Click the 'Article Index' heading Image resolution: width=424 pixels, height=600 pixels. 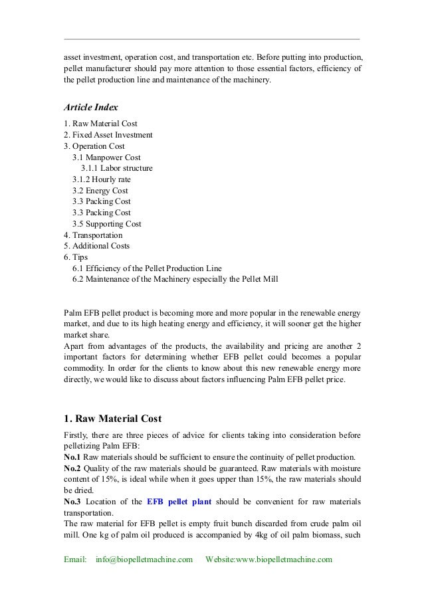pyautogui.click(x=90, y=106)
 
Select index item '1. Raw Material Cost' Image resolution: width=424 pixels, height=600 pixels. pyautogui.click(x=100, y=124)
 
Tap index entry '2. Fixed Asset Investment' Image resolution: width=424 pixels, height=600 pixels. pyautogui.click(x=108, y=135)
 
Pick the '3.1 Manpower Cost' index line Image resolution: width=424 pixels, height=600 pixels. pyautogui.click(x=106, y=157)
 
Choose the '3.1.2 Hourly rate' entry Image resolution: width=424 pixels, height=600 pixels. pyautogui.click(x=102, y=179)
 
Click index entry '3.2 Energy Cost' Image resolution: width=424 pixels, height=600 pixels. pyautogui.click(x=100, y=191)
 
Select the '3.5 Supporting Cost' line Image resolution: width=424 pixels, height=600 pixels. pyautogui.click(x=106, y=224)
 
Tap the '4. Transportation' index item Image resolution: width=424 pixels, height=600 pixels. pyautogui.click(x=93, y=235)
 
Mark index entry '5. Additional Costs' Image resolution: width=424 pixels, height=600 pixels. pyautogui.click(x=96, y=246)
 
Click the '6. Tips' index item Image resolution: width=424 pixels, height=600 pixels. pyautogui.click(x=76, y=257)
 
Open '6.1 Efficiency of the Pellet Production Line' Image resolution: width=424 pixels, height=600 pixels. pyautogui.click(x=147, y=268)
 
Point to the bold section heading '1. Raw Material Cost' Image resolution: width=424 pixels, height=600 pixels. pyautogui.click(x=112, y=419)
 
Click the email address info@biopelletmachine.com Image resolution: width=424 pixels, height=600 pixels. pyautogui.click(x=144, y=560)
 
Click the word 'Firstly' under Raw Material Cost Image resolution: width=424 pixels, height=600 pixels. pyautogui.click(x=76, y=435)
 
